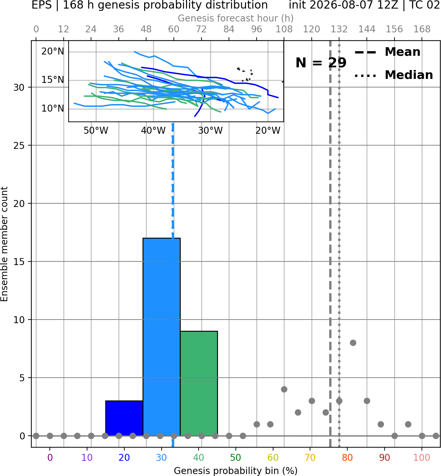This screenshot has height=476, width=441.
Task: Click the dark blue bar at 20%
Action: click(124, 418)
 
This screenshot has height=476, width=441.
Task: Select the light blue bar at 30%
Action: click(162, 337)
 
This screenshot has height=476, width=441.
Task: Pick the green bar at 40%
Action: click(199, 384)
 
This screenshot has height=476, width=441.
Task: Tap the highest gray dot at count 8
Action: click(353, 343)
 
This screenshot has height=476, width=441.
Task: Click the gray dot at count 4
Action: click(284, 390)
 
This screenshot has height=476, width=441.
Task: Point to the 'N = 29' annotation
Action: click(321, 63)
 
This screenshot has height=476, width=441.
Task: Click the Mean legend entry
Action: click(388, 52)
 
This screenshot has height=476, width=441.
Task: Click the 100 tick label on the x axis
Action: click(422, 458)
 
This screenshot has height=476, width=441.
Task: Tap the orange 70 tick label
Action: click(310, 458)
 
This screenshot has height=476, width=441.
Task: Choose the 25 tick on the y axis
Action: click(19, 146)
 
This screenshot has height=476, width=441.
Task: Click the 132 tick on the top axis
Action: click(339, 29)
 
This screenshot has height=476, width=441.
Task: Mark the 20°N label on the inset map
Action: click(53, 51)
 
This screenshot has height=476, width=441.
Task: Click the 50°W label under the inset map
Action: click(96, 131)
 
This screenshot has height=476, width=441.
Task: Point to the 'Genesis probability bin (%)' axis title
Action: click(236, 470)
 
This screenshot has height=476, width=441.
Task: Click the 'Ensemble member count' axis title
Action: click(4, 244)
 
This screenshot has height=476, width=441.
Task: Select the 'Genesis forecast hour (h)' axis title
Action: click(236, 18)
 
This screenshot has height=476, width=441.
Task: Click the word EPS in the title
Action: click(42, 5)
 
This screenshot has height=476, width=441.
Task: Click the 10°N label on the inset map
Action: click(53, 109)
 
